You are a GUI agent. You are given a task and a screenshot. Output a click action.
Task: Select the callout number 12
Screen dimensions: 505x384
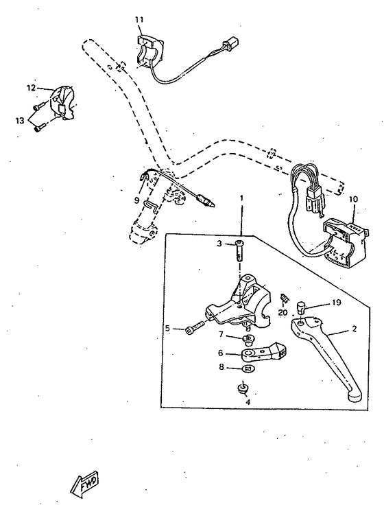click(31, 88)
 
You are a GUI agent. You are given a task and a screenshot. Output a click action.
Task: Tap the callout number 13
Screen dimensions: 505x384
click(19, 119)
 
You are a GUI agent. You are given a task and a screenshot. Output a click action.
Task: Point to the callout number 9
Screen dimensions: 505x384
click(136, 200)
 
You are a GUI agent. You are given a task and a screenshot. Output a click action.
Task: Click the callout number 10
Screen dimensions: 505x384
click(354, 200)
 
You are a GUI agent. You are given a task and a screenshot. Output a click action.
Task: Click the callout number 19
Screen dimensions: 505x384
click(337, 301)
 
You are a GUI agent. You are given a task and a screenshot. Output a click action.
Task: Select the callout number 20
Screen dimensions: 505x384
click(283, 313)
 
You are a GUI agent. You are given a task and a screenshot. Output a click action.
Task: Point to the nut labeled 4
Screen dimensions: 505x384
click(241, 389)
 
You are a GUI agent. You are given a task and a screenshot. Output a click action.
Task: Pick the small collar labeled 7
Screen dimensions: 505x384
click(248, 339)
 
